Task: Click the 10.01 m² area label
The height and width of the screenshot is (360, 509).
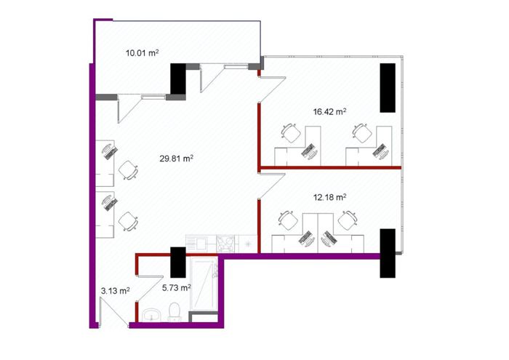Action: coord(143,52)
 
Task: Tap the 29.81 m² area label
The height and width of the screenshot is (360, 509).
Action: coord(177,159)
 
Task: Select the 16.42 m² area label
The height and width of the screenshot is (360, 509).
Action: coord(329,112)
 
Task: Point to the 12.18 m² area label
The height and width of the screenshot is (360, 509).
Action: coord(329,197)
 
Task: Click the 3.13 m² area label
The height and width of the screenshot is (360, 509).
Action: coord(116,291)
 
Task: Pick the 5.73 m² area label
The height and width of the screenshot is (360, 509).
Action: coord(176,287)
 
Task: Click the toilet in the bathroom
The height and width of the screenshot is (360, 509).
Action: coord(175,312)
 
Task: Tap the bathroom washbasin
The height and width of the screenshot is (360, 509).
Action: coord(151,315)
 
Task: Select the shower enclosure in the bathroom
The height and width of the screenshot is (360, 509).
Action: coord(204,284)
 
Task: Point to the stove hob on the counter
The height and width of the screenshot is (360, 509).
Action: coord(225,244)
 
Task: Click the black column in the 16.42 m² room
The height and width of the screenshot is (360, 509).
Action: coord(388,88)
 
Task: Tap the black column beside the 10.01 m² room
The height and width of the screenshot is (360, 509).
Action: coord(178,79)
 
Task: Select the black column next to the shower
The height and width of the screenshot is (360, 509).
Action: coord(178,263)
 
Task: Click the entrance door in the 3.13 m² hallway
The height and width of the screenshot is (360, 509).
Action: coord(113,313)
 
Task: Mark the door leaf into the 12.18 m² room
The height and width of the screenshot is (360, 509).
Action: coord(272,185)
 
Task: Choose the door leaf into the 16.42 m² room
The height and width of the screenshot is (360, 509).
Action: coord(272,89)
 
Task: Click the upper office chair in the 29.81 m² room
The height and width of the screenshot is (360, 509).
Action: coord(128,170)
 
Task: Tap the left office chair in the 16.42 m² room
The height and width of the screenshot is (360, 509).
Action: coord(290,133)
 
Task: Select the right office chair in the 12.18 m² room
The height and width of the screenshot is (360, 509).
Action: coord(348,220)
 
